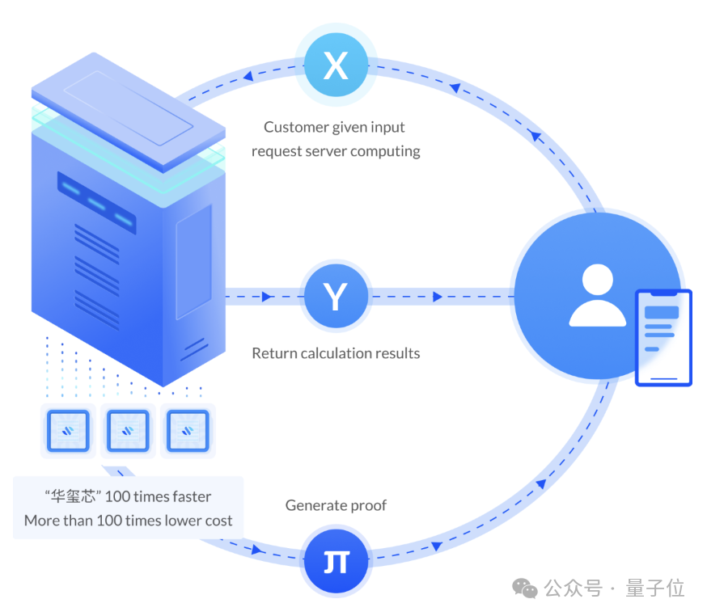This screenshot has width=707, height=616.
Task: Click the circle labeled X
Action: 336,65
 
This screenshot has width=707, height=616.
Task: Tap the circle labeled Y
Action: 336,297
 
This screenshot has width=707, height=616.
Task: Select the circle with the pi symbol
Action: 336,559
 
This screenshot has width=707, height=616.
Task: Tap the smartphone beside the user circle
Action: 663,337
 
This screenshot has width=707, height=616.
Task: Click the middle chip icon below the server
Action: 128,431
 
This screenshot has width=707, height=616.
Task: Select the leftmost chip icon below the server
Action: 68,431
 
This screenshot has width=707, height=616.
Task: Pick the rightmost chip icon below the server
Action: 188,431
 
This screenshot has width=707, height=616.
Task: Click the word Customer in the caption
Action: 297,128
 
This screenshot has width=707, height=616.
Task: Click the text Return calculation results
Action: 336,353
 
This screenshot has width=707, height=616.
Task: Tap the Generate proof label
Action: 336,506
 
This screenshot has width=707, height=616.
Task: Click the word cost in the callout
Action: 218,521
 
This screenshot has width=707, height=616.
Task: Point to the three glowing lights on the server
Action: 96,201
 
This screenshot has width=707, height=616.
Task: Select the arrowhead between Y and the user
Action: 438,297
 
